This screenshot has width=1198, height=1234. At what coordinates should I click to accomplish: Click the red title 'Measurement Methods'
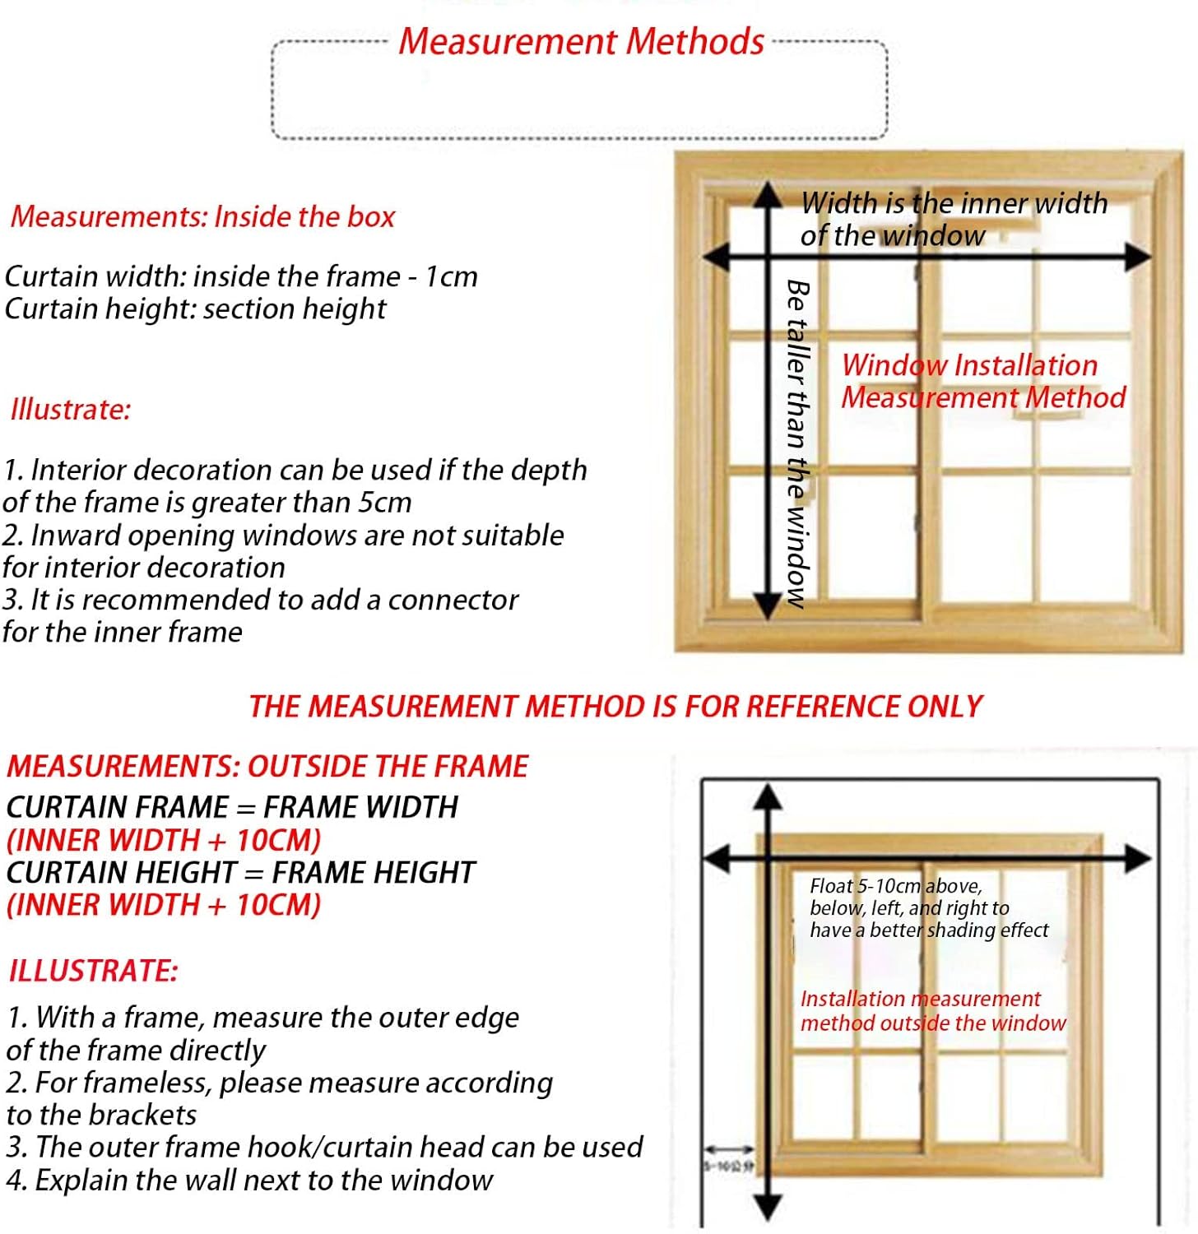pyautogui.click(x=581, y=41)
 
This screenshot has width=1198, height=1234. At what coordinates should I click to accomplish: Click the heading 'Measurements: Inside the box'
pyautogui.click(x=202, y=216)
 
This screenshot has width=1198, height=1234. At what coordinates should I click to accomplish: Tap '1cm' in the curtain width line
pyautogui.click(x=451, y=276)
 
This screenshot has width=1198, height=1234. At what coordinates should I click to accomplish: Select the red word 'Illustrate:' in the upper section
pyautogui.click(x=71, y=409)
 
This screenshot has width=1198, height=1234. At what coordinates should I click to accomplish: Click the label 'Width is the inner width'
pyautogui.click(x=954, y=203)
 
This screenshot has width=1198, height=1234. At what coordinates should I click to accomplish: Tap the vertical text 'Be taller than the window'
pyautogui.click(x=796, y=444)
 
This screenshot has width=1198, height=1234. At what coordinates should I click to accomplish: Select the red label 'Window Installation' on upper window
pyautogui.click(x=969, y=365)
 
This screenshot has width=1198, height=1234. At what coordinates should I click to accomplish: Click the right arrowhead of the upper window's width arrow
pyautogui.click(x=1139, y=257)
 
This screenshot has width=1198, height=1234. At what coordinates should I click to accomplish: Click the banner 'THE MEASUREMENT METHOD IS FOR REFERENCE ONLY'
pyautogui.click(x=615, y=707)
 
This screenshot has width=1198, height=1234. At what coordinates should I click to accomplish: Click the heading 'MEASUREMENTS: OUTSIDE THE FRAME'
pyautogui.click(x=267, y=767)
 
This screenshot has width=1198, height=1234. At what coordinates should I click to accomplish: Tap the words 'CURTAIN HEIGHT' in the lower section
pyautogui.click(x=122, y=872)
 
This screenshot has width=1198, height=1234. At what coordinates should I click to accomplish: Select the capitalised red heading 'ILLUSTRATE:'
pyautogui.click(x=93, y=971)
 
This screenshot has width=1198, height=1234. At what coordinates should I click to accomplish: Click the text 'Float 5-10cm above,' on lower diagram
pyautogui.click(x=895, y=886)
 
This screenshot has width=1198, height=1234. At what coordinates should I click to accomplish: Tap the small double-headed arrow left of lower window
pyautogui.click(x=728, y=1149)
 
